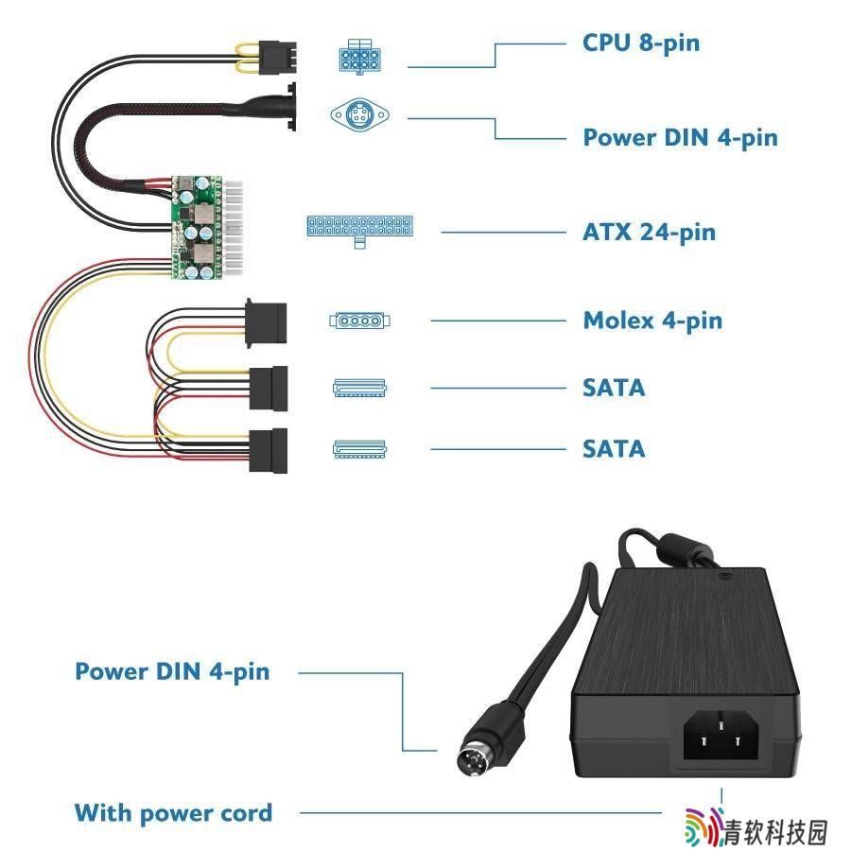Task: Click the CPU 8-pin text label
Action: tap(641, 43)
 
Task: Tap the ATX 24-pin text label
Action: tap(649, 233)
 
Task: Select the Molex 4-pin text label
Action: tap(652, 321)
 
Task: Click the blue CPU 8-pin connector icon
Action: tap(360, 57)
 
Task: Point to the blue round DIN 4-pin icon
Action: tap(360, 114)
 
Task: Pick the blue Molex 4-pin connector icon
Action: tap(360, 321)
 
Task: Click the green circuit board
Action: tap(197, 227)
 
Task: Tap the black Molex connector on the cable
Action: tap(266, 323)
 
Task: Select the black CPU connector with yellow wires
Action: tap(278, 58)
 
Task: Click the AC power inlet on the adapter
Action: tap(721, 735)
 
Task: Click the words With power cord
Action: tap(173, 813)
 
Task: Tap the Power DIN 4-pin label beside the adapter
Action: tap(172, 672)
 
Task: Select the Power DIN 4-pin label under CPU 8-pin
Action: tap(680, 138)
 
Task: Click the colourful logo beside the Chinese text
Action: tap(703, 826)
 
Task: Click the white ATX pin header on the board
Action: tap(233, 229)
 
